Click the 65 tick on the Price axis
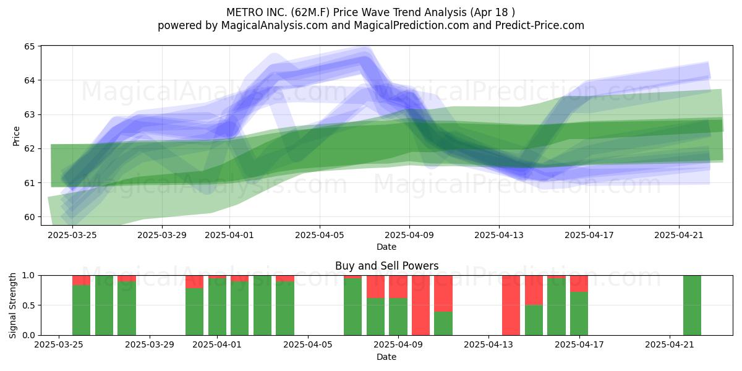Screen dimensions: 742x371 click(x=29, y=46)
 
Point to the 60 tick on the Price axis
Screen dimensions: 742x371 click(x=29, y=217)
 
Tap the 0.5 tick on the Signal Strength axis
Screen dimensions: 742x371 click(x=29, y=305)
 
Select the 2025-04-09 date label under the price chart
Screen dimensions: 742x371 click(x=409, y=235)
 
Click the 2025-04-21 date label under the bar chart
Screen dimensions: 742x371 click(x=670, y=345)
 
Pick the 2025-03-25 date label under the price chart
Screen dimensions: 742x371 click(x=72, y=235)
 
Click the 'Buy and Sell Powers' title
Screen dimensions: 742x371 click(x=386, y=266)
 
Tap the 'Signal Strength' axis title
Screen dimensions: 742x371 click(x=12, y=305)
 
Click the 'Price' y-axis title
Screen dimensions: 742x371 click(x=16, y=136)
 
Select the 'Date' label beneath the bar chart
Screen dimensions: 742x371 click(x=386, y=357)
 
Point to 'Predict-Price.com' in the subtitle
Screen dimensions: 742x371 click(x=540, y=25)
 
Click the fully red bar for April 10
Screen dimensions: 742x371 click(x=420, y=305)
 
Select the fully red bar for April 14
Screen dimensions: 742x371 click(x=511, y=305)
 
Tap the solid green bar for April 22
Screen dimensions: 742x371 click(x=693, y=305)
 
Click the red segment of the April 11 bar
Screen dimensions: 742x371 click(x=443, y=294)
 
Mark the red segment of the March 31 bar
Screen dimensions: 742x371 click(x=194, y=282)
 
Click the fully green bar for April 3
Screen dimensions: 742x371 click(x=262, y=305)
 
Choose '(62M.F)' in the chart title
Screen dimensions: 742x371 click(x=310, y=12)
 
